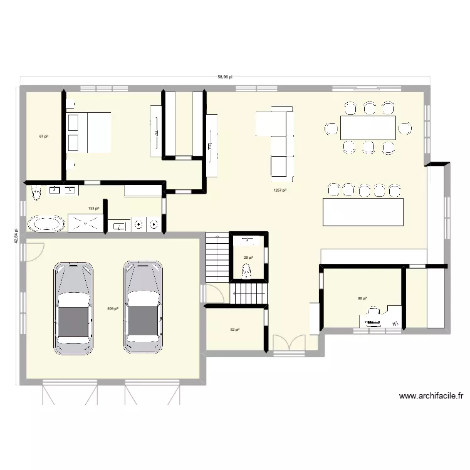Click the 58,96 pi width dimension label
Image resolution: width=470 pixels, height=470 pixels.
pyautogui.click(x=225, y=77)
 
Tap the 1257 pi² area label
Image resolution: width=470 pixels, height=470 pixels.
pyautogui.click(x=279, y=191)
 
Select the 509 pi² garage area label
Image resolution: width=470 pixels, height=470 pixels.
pyautogui.click(x=112, y=308)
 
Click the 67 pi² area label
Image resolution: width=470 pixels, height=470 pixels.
pyautogui.click(x=44, y=136)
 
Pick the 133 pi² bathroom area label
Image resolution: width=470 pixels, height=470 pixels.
pyautogui.click(x=93, y=209)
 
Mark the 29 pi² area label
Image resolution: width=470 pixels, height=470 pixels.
pyautogui.click(x=248, y=257)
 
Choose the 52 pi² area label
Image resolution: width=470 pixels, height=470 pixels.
pyautogui.click(x=235, y=330)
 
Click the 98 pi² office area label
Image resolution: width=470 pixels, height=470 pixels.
pyautogui.click(x=362, y=298)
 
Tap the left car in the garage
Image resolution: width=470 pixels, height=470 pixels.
pyautogui.click(x=74, y=306)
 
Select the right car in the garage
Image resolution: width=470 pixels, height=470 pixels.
pyautogui.click(x=144, y=306)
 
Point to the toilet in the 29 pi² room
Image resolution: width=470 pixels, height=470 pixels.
pyautogui.click(x=247, y=270)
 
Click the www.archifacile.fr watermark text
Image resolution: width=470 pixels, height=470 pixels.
pyautogui.click(x=431, y=396)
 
